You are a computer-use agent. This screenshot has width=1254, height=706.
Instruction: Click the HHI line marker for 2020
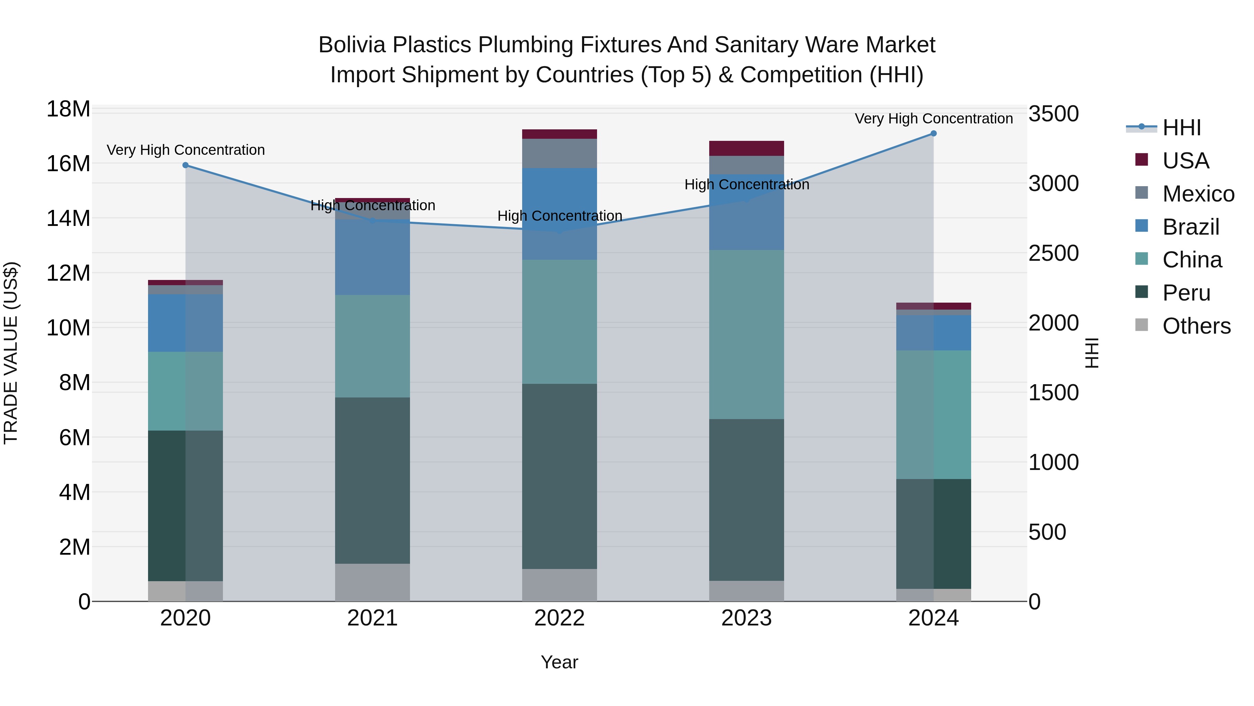[185, 165]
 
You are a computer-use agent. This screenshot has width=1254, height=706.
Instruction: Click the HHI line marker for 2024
[933, 134]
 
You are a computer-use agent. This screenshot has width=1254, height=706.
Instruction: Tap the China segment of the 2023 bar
[746, 334]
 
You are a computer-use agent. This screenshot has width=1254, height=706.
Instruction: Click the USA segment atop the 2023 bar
[746, 148]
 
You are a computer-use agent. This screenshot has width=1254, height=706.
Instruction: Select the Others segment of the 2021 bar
[372, 582]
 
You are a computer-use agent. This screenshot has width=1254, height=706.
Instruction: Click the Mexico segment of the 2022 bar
[559, 153]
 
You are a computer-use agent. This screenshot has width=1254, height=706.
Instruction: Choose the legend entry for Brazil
[1190, 227]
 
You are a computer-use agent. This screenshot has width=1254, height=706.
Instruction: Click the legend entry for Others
[1196, 326]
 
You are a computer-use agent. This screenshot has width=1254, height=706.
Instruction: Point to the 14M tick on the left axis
[68, 218]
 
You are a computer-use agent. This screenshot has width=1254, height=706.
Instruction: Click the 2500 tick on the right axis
[1053, 253]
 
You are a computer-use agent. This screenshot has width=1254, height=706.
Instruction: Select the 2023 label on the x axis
[746, 618]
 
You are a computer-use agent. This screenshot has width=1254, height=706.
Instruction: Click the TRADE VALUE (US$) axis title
[11, 353]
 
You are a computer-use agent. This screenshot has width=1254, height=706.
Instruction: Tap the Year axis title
[559, 662]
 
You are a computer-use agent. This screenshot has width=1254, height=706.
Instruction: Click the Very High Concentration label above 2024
[933, 119]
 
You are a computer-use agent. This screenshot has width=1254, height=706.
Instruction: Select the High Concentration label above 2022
[559, 216]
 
